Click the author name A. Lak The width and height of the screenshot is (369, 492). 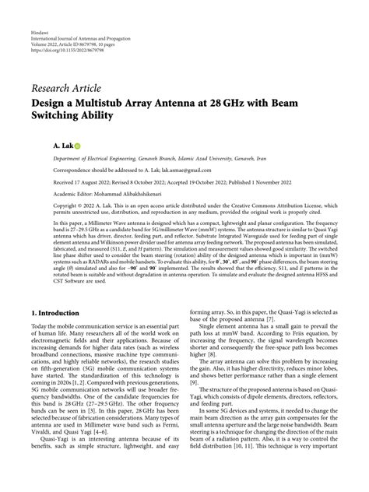(x=61, y=146)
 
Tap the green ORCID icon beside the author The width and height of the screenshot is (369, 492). (x=77, y=146)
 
